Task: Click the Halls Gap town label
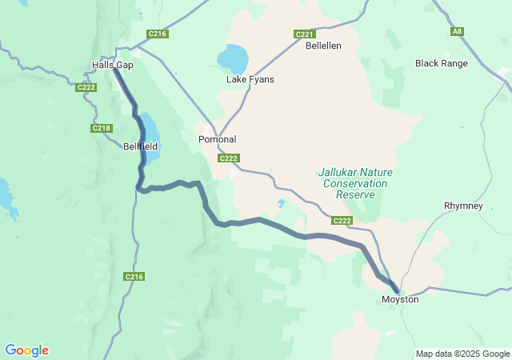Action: click(113, 65)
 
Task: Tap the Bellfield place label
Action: click(141, 146)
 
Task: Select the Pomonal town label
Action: click(217, 139)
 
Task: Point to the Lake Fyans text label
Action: click(250, 79)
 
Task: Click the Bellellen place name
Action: click(323, 46)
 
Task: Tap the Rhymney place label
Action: click(463, 206)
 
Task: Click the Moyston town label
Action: click(400, 299)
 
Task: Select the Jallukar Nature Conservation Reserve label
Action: click(350, 183)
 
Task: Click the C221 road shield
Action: click(305, 34)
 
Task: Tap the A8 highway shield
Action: click(457, 31)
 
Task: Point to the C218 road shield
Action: click(102, 128)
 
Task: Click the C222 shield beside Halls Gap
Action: click(86, 87)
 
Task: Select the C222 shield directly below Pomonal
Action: click(229, 158)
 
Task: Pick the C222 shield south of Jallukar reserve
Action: click(342, 221)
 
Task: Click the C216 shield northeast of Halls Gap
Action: click(158, 34)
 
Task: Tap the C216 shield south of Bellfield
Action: click(134, 277)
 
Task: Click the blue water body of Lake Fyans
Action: click(233, 58)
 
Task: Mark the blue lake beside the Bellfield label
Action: click(150, 130)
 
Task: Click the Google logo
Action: click(26, 350)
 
